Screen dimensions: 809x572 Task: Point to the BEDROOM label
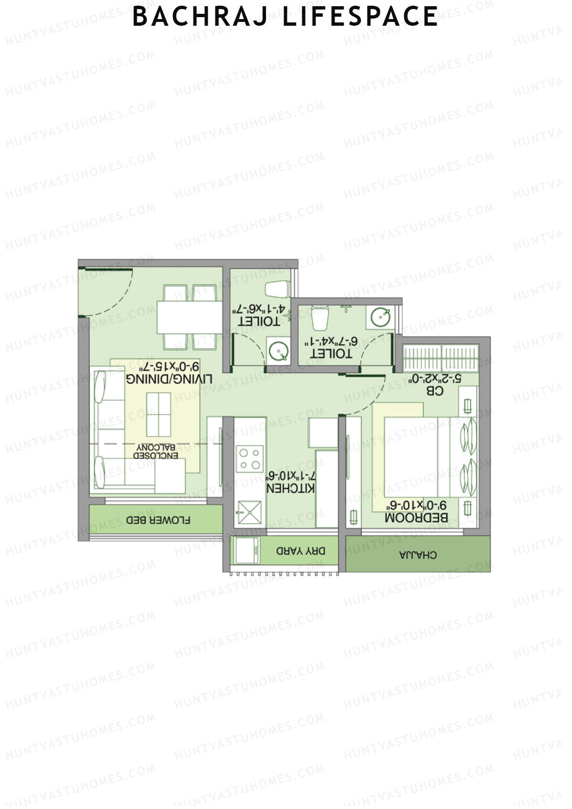point(416,517)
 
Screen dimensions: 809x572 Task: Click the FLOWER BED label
point(158,520)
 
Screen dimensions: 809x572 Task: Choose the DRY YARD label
point(301,551)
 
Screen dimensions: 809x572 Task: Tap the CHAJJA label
point(418,555)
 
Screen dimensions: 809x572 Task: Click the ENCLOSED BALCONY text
point(157,451)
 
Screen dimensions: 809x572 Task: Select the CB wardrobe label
point(435,391)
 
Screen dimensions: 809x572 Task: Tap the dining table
point(190,317)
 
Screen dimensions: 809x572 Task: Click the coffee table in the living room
point(158,414)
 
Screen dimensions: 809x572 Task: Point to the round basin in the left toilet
point(278,352)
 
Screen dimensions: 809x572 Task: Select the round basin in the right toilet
point(380,317)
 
